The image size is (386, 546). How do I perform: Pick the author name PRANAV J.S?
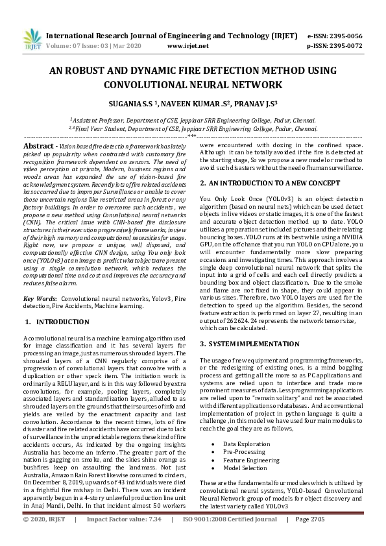[256, 102]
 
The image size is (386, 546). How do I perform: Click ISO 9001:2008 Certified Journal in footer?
[235, 538]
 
